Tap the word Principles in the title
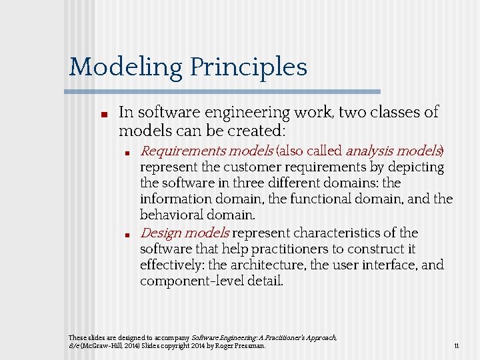tap(248, 67)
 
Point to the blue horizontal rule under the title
tap(224, 91)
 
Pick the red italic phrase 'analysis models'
tap(393, 151)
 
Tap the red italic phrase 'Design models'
tap(185, 233)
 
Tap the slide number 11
tap(456, 346)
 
